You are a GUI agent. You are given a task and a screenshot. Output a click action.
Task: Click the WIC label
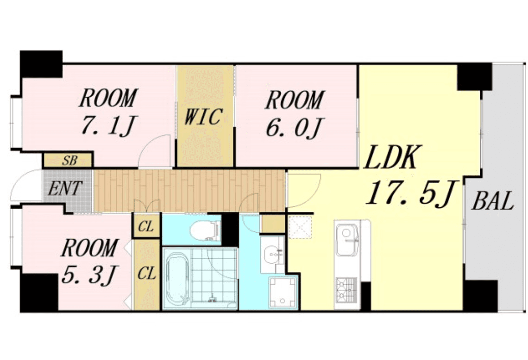[203, 117]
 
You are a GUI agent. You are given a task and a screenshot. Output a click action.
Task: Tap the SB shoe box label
[69, 161]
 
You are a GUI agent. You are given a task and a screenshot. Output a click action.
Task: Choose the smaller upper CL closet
[146, 226]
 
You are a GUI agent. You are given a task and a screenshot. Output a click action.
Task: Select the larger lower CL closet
[146, 274]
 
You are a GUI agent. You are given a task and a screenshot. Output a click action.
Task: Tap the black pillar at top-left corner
[41, 64]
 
